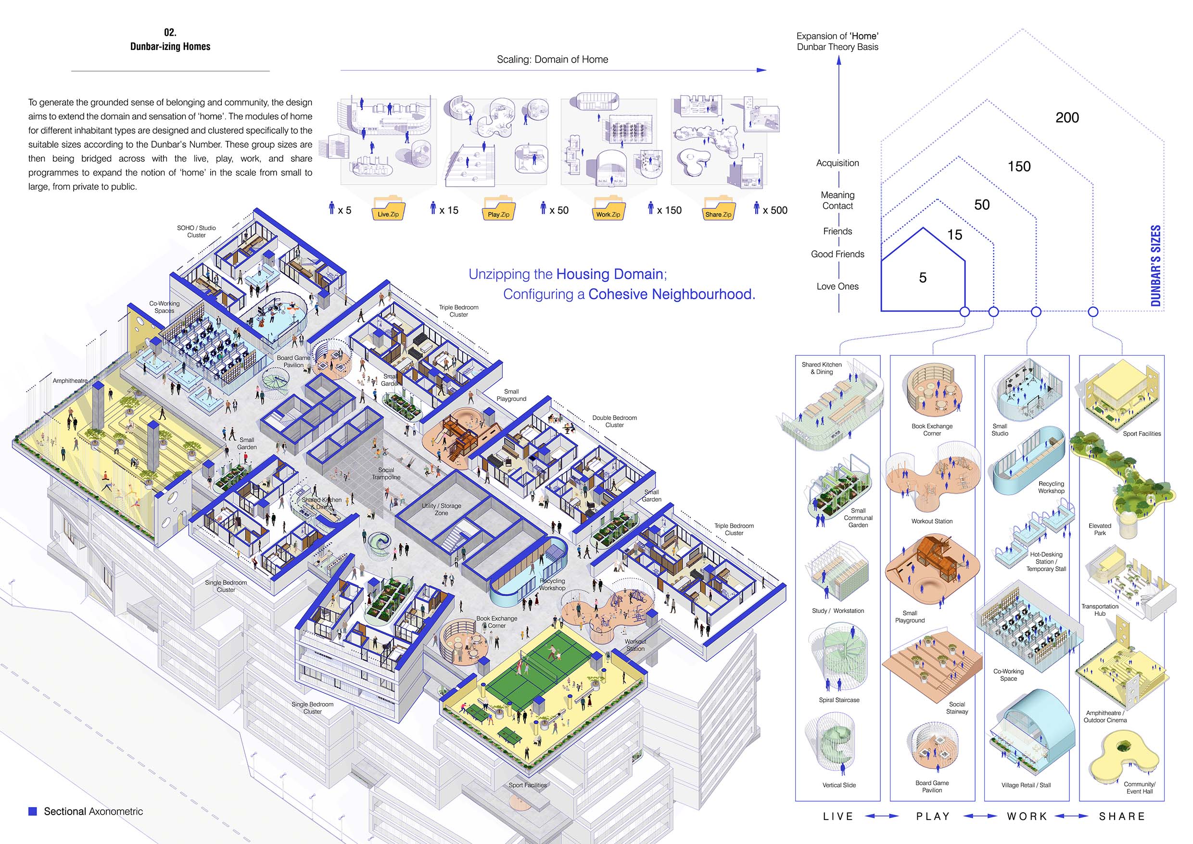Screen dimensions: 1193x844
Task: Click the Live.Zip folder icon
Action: pyautogui.click(x=388, y=208)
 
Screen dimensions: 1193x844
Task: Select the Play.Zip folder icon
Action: pyautogui.click(x=498, y=208)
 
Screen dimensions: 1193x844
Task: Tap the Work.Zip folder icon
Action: pyautogui.click(x=608, y=208)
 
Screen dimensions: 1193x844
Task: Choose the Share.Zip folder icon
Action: pyautogui.click(x=718, y=208)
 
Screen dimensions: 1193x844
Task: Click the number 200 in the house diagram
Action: pyautogui.click(x=1067, y=118)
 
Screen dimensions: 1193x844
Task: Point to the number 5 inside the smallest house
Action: pyautogui.click(x=923, y=278)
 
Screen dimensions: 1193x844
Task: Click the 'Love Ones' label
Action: pyautogui.click(x=838, y=286)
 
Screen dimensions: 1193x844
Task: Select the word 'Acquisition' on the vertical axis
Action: pyautogui.click(x=838, y=163)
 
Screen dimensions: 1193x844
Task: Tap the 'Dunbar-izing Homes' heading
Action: pyautogui.click(x=170, y=46)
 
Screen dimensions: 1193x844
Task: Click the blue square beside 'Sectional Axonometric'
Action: pyautogui.click(x=33, y=811)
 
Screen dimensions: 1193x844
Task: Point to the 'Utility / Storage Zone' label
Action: pyautogui.click(x=441, y=509)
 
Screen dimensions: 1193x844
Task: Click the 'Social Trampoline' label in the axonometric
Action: pyautogui.click(x=386, y=473)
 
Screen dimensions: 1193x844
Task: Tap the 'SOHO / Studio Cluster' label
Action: pyautogui.click(x=196, y=231)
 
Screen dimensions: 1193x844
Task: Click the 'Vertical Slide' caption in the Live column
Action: pyautogui.click(x=838, y=785)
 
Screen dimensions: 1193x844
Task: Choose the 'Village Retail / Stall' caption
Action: pyautogui.click(x=1026, y=785)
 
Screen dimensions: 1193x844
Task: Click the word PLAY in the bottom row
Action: pyautogui.click(x=933, y=817)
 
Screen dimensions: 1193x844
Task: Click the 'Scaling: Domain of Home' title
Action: pyautogui.click(x=552, y=59)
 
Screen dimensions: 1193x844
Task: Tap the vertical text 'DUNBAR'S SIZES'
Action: pyautogui.click(x=1155, y=266)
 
